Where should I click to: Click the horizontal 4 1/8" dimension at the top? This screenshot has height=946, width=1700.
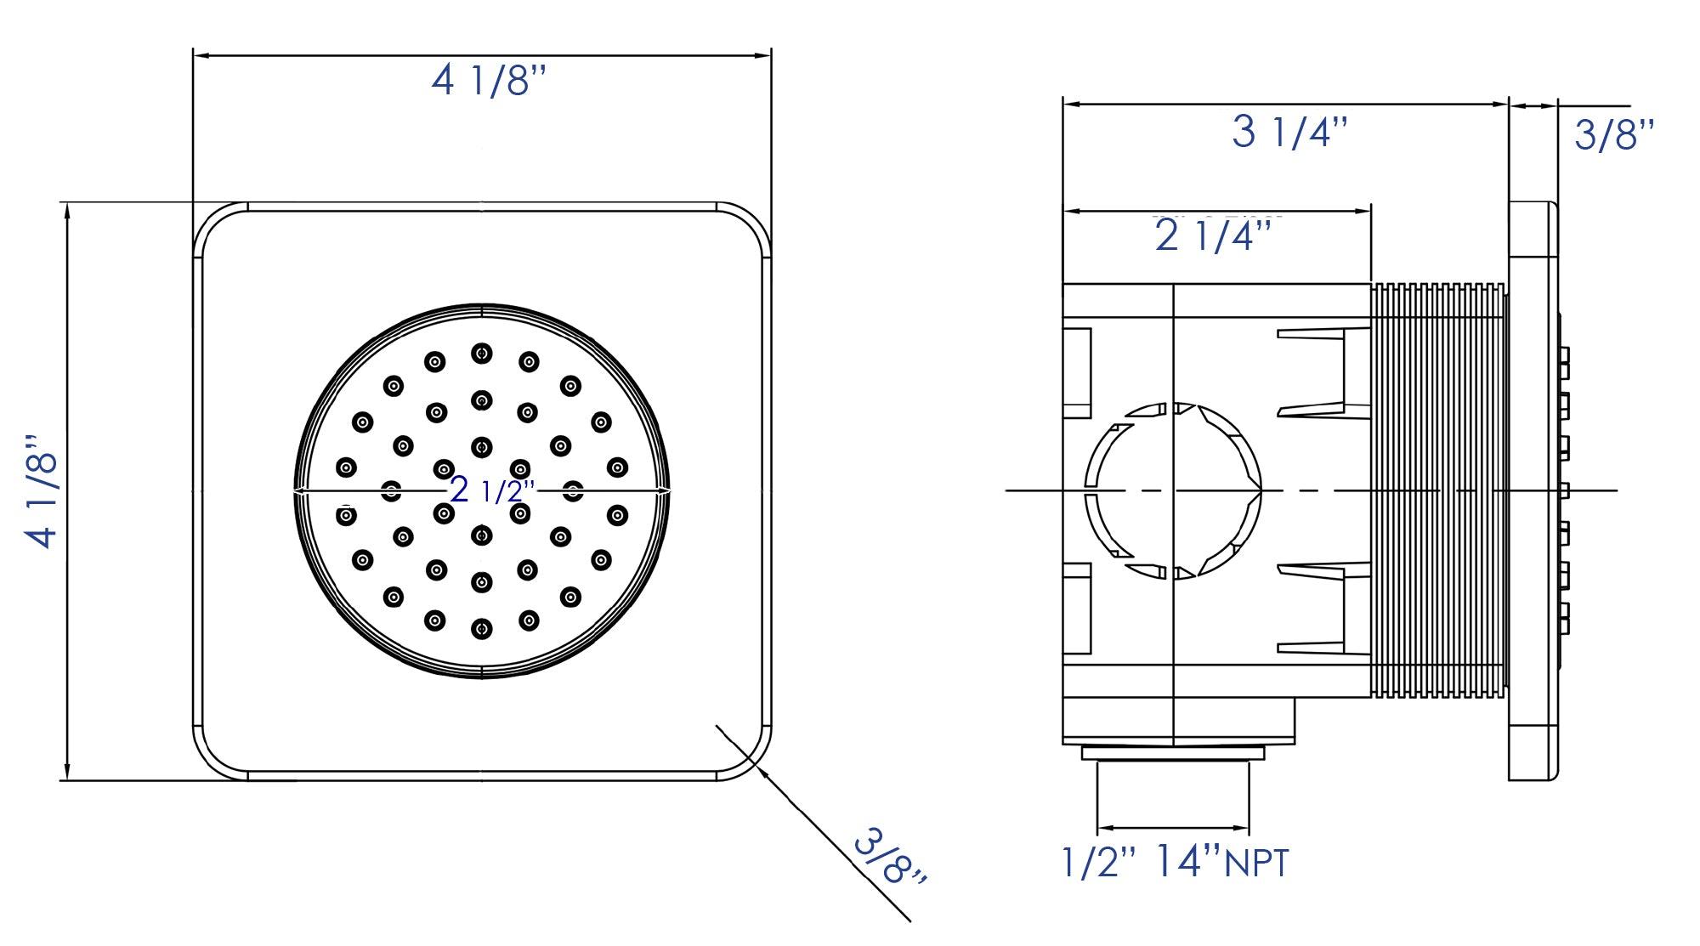[x=488, y=82]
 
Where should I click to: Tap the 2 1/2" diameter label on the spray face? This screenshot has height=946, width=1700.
[x=492, y=490]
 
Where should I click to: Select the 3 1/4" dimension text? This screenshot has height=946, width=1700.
[x=1289, y=133]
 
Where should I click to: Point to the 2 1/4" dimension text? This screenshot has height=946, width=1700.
[x=1216, y=236]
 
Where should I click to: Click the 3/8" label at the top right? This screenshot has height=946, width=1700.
[x=1613, y=136]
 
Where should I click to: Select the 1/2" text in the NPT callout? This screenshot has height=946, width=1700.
[x=1098, y=862]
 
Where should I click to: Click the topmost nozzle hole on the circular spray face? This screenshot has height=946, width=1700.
[x=482, y=353]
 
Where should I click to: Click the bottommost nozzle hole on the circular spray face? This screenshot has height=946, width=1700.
[x=482, y=629]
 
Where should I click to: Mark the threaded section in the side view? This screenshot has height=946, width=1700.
[x=1438, y=490]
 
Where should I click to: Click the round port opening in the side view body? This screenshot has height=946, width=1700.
[x=1173, y=490]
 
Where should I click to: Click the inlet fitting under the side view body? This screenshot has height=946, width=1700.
[x=1173, y=753]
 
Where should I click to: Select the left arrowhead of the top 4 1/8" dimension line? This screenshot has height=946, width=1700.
[x=201, y=56]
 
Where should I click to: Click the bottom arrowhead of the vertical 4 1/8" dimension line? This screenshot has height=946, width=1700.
[x=66, y=773]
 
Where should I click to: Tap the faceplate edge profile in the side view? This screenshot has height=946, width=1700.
[x=1533, y=490]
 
